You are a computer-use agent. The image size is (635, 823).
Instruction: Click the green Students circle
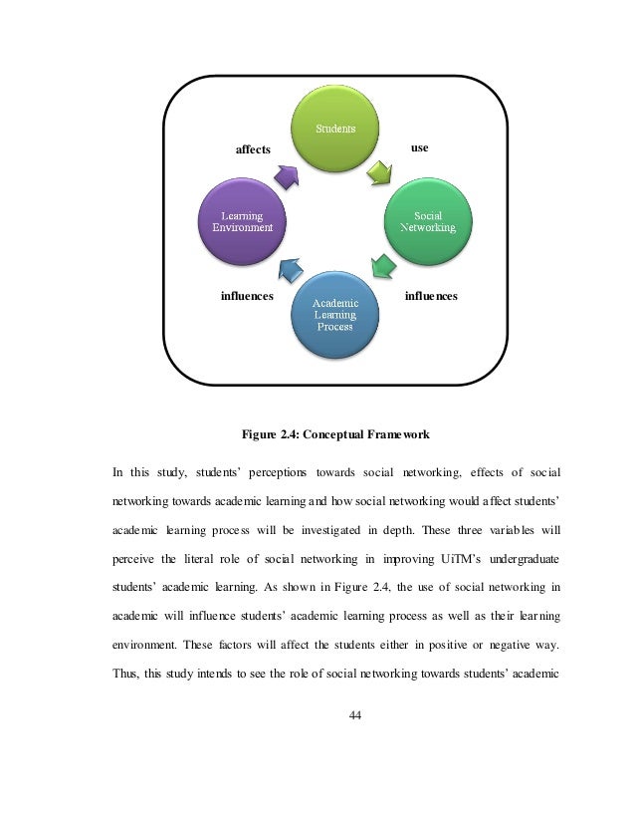click(334, 130)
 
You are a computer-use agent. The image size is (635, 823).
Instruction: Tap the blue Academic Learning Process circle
click(334, 314)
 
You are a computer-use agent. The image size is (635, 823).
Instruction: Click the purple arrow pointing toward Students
click(286, 176)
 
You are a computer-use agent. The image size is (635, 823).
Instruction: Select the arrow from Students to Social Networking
click(379, 174)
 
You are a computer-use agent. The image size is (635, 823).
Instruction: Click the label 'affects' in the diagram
click(252, 149)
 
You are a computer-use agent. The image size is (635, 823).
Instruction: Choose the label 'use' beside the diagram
click(420, 147)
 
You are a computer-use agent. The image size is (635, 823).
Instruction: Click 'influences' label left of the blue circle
click(247, 296)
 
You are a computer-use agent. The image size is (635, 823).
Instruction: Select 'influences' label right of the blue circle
click(431, 296)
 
